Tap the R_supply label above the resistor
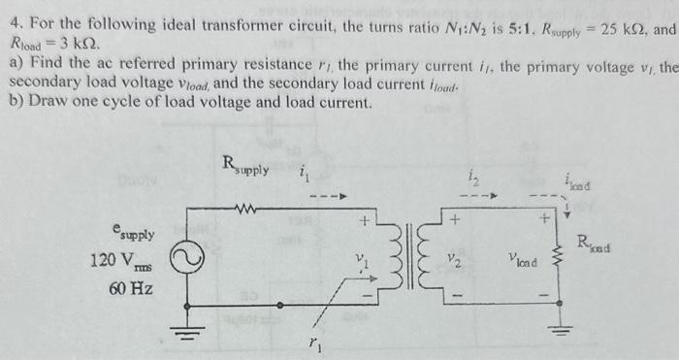coord(243,165)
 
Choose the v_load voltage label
coord(522,260)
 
